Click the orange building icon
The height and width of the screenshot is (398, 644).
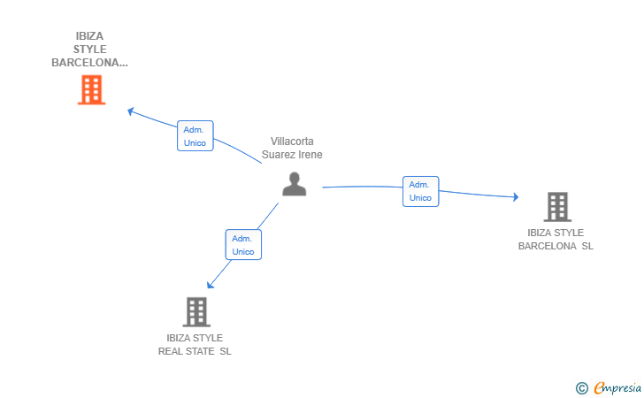[92, 89]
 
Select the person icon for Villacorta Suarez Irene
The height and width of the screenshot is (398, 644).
[294, 184]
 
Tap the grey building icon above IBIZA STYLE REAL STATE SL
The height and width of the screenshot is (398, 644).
[196, 311]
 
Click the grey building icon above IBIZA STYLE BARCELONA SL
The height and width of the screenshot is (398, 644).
[557, 207]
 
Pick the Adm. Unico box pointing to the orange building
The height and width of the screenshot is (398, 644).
[195, 136]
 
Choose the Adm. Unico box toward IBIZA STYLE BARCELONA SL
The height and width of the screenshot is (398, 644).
[420, 191]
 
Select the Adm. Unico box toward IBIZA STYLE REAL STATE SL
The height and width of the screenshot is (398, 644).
[243, 245]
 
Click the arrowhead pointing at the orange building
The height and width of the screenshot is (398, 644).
[131, 111]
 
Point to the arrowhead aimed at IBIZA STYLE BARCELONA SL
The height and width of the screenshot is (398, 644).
[516, 197]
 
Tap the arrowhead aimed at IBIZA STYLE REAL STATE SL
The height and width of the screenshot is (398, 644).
[210, 285]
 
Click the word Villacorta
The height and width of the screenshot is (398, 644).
[292, 142]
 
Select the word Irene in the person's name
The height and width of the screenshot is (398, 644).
[310, 155]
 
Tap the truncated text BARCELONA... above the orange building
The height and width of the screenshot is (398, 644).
[89, 63]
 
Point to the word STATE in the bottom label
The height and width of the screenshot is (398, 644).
[200, 352]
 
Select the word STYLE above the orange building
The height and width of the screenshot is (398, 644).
[90, 50]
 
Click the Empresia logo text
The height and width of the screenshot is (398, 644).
[617, 387]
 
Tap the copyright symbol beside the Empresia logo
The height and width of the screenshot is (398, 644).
[582, 388]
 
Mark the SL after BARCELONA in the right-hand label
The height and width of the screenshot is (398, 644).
[587, 246]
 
